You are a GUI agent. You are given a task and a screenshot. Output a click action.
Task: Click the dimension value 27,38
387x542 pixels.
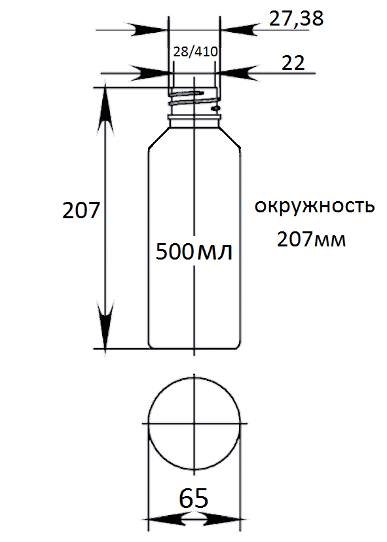[296, 18]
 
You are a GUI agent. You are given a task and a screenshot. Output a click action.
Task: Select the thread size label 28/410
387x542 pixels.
[195, 52]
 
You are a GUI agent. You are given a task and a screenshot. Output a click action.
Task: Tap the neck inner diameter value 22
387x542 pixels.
[293, 63]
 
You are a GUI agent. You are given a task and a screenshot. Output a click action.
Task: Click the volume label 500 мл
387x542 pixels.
[194, 251]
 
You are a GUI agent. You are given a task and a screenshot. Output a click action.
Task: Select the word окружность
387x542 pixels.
[314, 206]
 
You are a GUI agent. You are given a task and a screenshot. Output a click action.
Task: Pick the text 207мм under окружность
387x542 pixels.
[311, 239]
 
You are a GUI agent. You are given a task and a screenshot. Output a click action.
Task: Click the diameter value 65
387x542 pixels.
[193, 498]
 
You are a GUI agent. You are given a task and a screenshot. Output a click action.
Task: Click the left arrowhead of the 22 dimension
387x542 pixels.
[151, 73]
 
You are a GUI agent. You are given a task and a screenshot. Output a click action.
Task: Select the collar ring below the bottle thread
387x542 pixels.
[194, 118]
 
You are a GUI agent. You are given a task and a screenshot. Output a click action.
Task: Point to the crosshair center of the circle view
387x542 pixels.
[194, 423]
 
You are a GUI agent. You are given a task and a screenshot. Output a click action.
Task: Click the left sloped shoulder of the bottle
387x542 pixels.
[159, 138]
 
